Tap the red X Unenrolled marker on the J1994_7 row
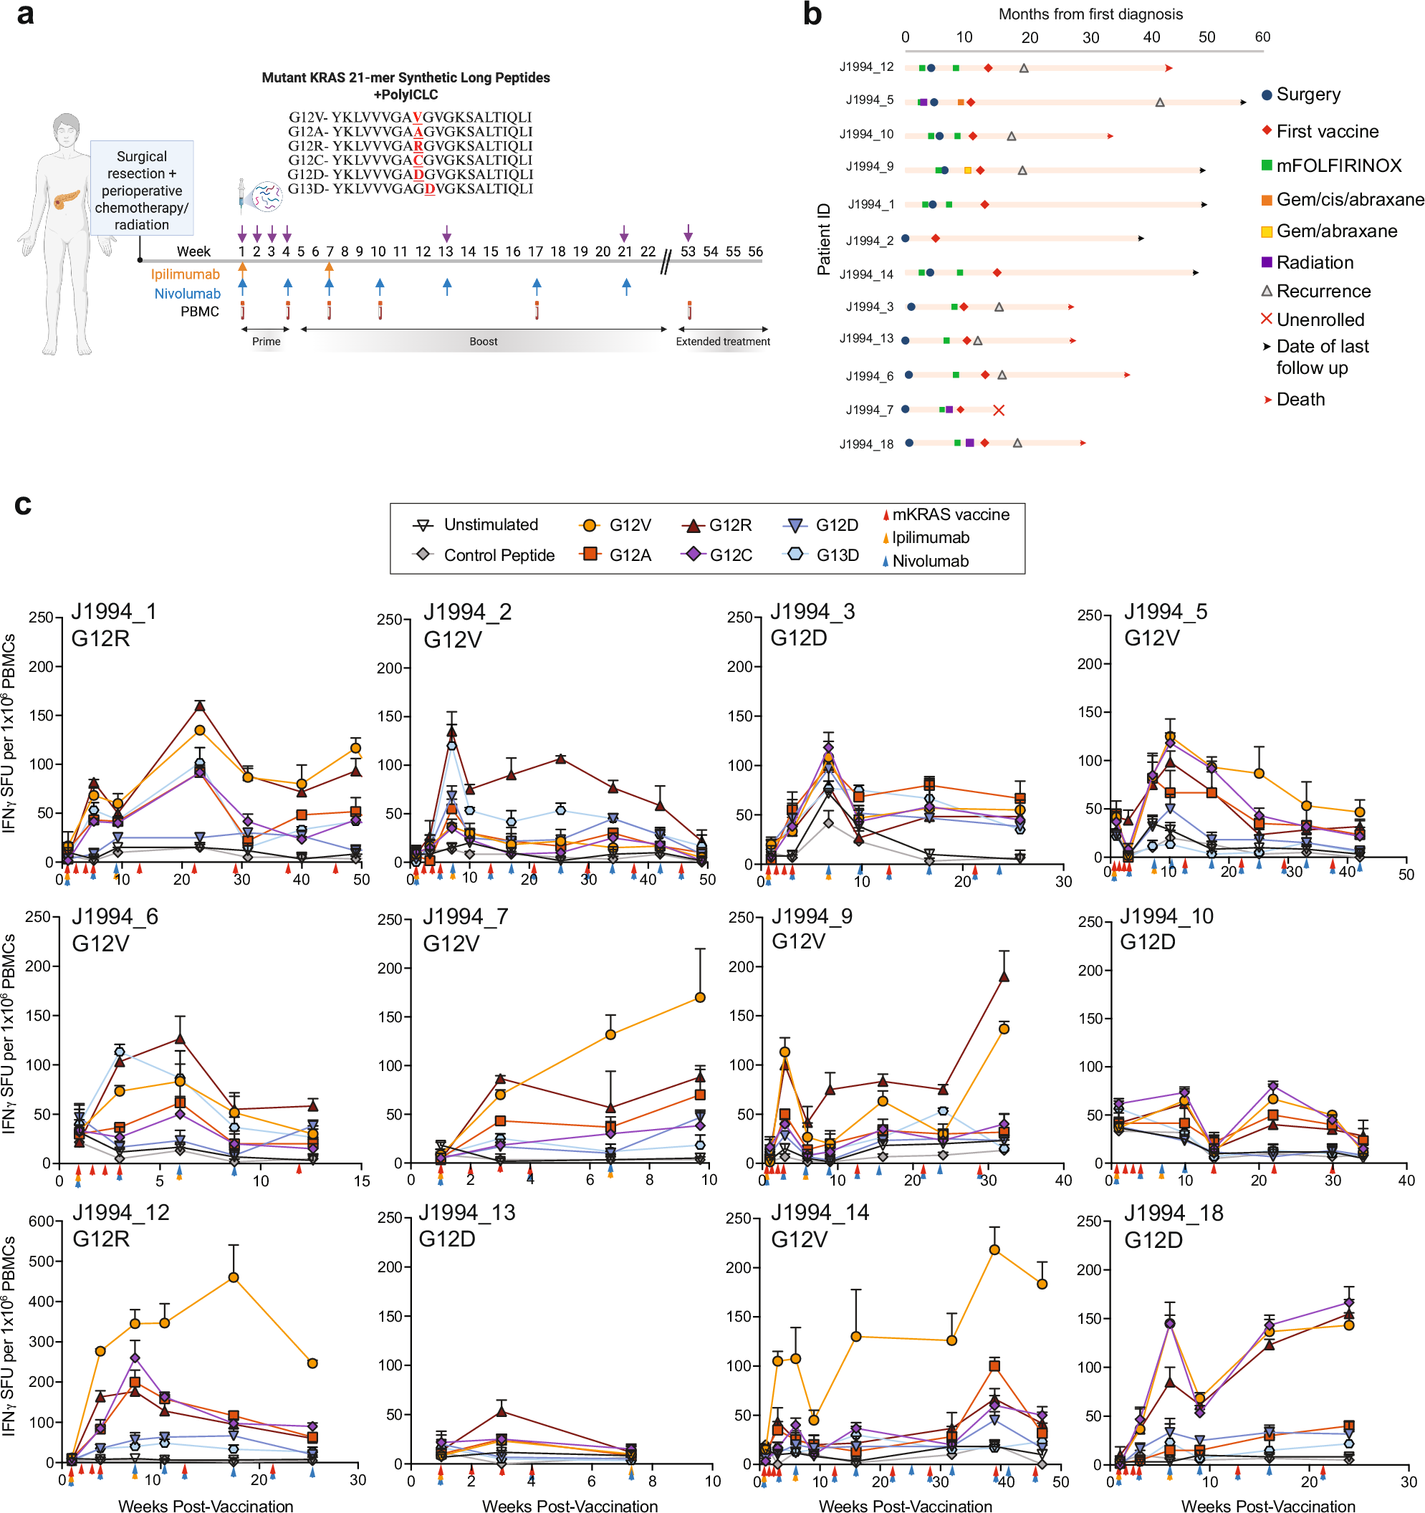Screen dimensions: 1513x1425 [x=999, y=410]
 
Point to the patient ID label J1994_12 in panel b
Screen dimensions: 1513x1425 [x=866, y=67]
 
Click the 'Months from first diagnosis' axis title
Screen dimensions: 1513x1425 [x=1090, y=14]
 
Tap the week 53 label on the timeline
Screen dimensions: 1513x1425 [x=687, y=251]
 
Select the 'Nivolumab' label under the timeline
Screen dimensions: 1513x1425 [x=187, y=294]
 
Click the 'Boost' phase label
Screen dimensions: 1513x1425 [x=484, y=341]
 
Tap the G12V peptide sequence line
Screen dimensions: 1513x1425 [x=410, y=117]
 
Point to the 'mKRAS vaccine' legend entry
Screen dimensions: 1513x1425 [x=949, y=514]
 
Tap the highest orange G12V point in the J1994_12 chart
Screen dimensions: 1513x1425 [x=234, y=1277]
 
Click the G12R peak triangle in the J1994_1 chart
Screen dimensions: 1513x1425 [x=199, y=706]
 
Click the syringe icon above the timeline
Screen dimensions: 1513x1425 [x=242, y=196]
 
